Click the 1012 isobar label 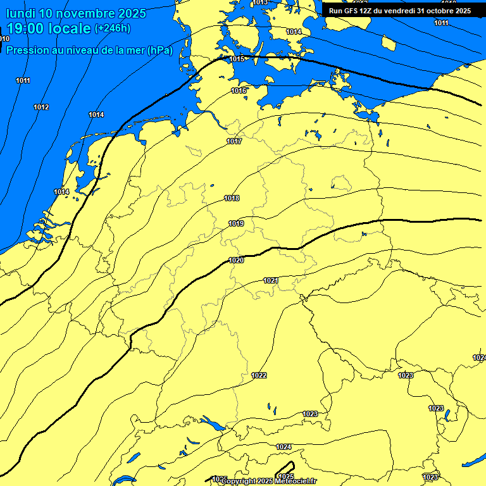pos(41,107)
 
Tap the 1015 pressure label pos(237,59)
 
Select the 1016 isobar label pos(239,90)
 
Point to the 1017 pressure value pos(234,141)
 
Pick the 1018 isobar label pos(232,198)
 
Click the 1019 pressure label pos(237,223)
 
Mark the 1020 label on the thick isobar pos(237,260)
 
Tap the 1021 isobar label pos(271,280)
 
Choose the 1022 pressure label pos(259,375)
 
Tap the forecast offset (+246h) pos(113,28)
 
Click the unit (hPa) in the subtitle pos(159,50)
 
